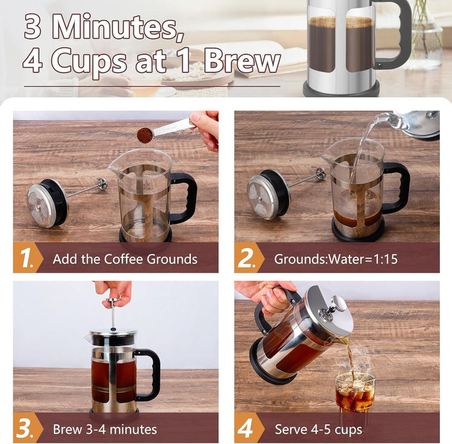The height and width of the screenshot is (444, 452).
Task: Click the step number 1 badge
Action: point(27,259)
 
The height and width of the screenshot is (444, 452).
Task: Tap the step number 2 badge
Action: point(247,259)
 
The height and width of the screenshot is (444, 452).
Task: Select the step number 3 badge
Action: point(27,428)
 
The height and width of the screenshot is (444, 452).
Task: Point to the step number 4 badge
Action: point(247,428)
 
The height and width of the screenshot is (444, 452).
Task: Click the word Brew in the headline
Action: point(242,62)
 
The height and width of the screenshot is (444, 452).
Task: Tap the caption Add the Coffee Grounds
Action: point(125,259)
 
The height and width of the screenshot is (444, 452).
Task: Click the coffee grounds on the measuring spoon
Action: point(145,134)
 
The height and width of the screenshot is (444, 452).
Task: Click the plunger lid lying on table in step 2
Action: point(267,195)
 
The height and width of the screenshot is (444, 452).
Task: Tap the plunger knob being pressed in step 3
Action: point(113,303)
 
